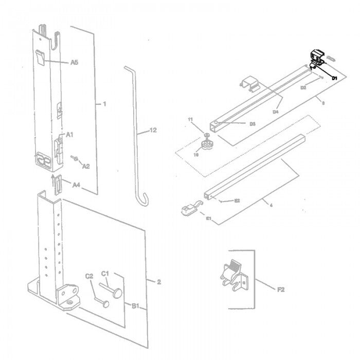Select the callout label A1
(69, 134)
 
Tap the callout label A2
(86, 166)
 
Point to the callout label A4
(76, 184)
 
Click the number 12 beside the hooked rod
(152, 131)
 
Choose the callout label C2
(89, 276)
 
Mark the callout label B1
(135, 307)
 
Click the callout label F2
(281, 290)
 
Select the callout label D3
(253, 124)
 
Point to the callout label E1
(209, 219)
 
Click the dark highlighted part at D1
(316, 58)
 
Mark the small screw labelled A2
(75, 158)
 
